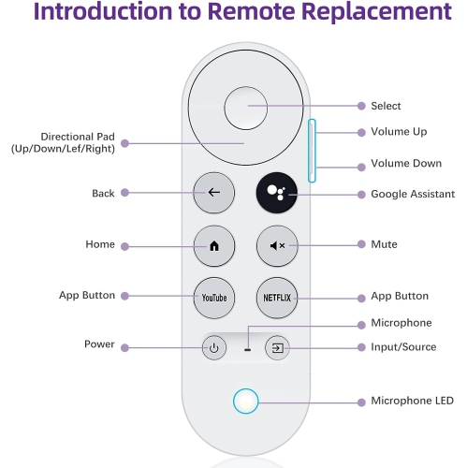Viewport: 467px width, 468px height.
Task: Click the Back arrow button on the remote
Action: tap(213, 192)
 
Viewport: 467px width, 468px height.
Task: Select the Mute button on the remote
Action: tap(275, 245)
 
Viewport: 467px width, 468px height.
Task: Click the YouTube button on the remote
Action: tap(213, 298)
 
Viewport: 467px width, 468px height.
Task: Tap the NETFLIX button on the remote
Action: tap(275, 298)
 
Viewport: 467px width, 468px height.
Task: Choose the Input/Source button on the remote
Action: tap(277, 348)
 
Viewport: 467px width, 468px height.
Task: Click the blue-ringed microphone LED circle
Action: tap(246, 401)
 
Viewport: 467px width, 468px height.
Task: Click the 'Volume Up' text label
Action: tap(399, 132)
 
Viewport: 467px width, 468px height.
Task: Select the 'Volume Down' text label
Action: tap(405, 164)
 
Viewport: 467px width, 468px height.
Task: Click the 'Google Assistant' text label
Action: tap(413, 195)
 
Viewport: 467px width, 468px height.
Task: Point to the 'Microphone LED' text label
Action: tap(412, 402)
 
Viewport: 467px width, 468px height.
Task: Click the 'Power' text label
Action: tap(99, 344)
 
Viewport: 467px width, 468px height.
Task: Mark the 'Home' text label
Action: tap(100, 244)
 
